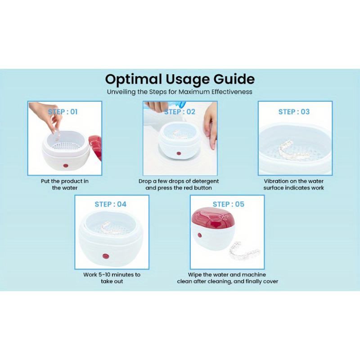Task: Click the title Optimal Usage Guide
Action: pos(180,79)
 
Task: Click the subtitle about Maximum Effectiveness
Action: pos(180,92)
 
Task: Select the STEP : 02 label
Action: pos(180,112)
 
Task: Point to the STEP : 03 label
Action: pos(294,112)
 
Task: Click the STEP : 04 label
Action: pos(110,204)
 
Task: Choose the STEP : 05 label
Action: pos(228,204)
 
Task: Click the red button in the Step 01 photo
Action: pos(66,166)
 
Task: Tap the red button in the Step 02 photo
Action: pos(179,154)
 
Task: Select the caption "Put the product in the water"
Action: pos(65,184)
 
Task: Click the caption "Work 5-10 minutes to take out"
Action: pos(112,278)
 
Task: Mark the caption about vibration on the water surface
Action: pos(294,184)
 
